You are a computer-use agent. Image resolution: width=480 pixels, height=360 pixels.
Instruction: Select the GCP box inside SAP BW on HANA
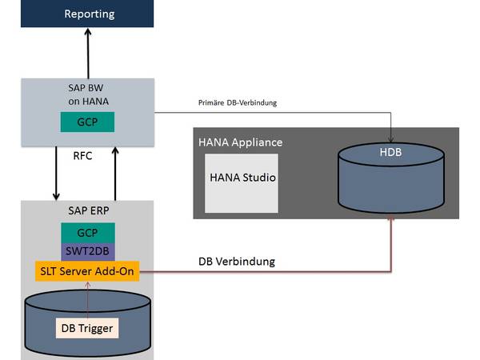tap(87, 122)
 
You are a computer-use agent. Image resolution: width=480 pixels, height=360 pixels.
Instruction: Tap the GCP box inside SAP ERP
tap(87, 231)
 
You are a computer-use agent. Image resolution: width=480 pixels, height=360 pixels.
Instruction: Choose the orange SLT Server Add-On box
tap(87, 271)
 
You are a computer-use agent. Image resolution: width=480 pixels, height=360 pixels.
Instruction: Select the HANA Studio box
tap(241, 177)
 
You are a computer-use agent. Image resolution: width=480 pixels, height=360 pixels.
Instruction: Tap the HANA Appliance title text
tap(240, 141)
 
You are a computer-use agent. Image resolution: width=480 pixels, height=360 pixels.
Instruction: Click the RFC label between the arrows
tap(82, 157)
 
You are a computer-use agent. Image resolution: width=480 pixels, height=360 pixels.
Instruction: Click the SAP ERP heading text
tap(86, 210)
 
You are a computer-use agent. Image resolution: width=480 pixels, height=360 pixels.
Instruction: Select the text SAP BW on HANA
tap(86, 95)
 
